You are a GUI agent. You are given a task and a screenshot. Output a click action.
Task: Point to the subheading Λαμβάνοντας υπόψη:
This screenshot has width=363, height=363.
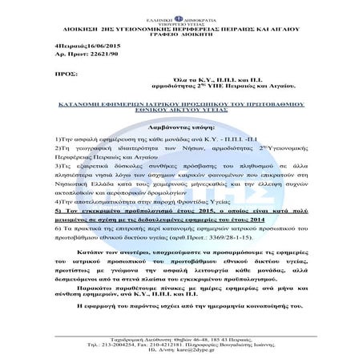tap(180, 117)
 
